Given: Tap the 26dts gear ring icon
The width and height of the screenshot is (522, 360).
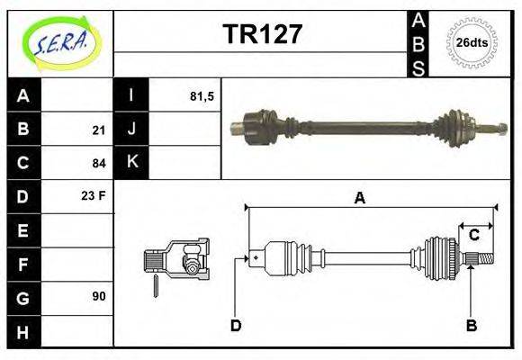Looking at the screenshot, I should coord(472,42).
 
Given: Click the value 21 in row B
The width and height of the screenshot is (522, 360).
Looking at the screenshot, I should coord(99,130).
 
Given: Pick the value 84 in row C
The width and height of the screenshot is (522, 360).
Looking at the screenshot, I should coord(99,164).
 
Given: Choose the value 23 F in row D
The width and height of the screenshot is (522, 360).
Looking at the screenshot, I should coord(94,194).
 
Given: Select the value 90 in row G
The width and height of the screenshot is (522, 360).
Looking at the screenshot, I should coord(99,295).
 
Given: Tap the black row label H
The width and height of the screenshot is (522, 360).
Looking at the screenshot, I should coord(23,332).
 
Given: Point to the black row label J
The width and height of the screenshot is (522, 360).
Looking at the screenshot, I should coord(132,130).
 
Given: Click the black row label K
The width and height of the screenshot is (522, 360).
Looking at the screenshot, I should coord(132,163).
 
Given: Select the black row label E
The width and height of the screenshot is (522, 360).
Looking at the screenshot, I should coord(23,230).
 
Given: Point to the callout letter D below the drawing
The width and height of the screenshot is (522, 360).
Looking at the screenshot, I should coord(236,325).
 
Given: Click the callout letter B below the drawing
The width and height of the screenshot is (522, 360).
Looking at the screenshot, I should coord(471,325).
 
